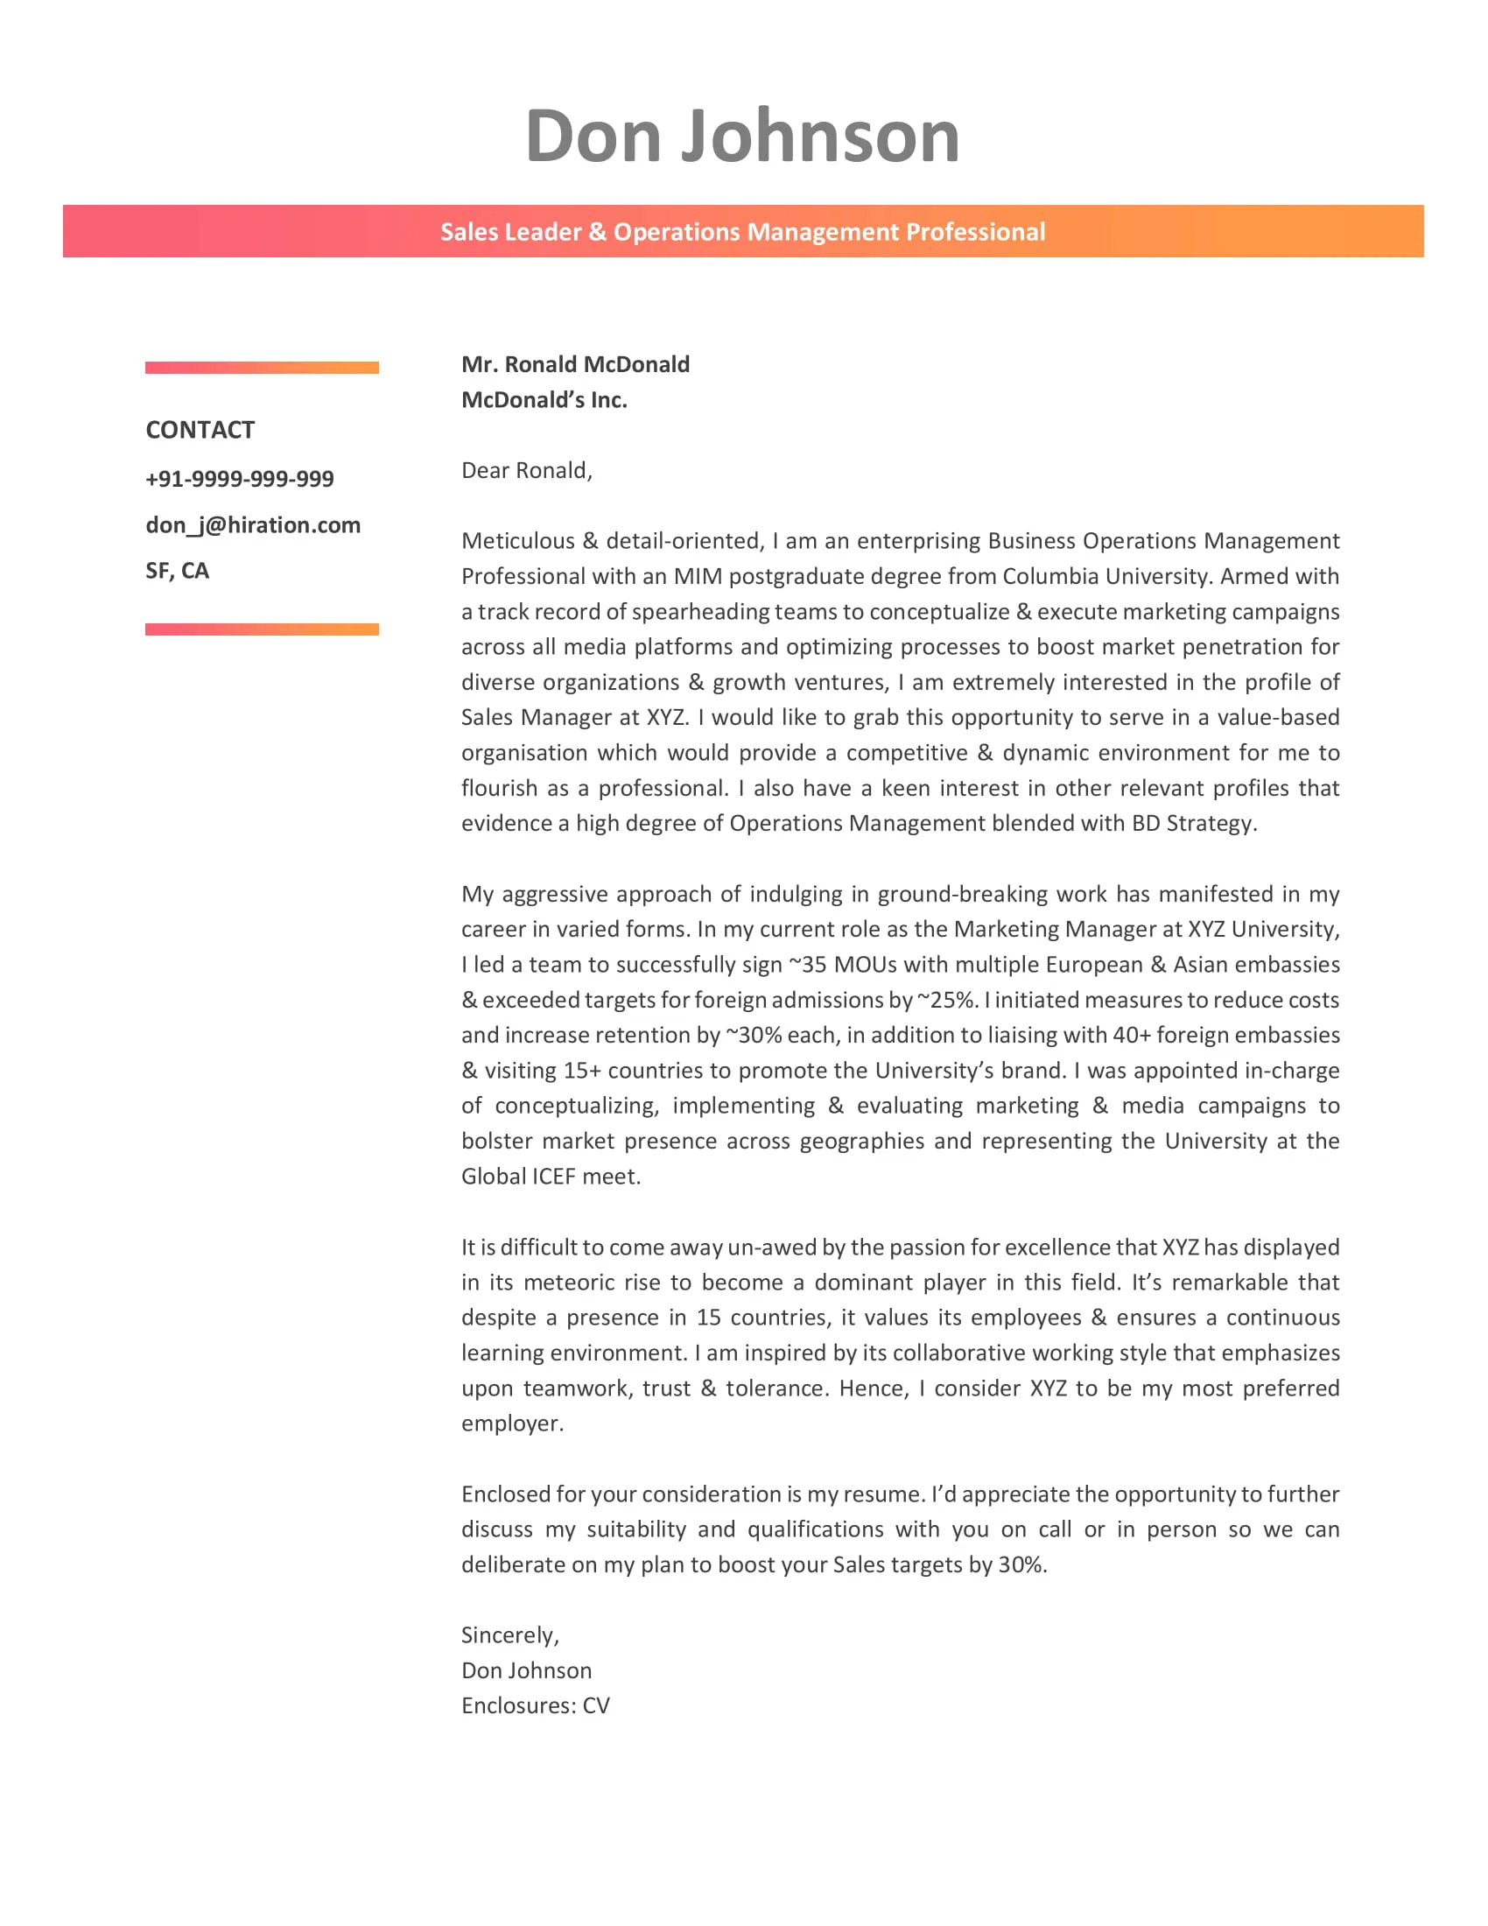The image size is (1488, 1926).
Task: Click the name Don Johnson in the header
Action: coord(742,137)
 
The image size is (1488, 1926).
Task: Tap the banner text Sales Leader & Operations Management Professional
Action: coord(742,232)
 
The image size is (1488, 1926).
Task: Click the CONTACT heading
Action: coord(200,430)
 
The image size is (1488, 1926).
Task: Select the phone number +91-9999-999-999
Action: coord(240,479)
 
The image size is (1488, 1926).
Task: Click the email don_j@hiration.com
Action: coord(253,524)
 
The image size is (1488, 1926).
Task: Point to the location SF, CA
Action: coord(177,571)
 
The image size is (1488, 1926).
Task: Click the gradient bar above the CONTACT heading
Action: coord(262,368)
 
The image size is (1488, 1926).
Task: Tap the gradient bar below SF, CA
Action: coord(262,629)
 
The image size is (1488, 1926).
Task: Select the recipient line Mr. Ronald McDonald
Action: coord(575,364)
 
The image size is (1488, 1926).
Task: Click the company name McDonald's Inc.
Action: coord(544,399)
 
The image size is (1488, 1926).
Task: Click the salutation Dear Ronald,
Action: coord(526,470)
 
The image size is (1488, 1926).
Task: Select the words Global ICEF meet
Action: coord(550,1176)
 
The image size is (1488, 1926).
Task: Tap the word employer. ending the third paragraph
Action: coord(512,1423)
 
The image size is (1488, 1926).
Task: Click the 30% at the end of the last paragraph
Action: coord(1021,1564)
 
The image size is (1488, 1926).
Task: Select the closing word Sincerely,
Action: coord(509,1635)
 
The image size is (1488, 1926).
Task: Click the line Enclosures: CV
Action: coord(535,1705)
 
